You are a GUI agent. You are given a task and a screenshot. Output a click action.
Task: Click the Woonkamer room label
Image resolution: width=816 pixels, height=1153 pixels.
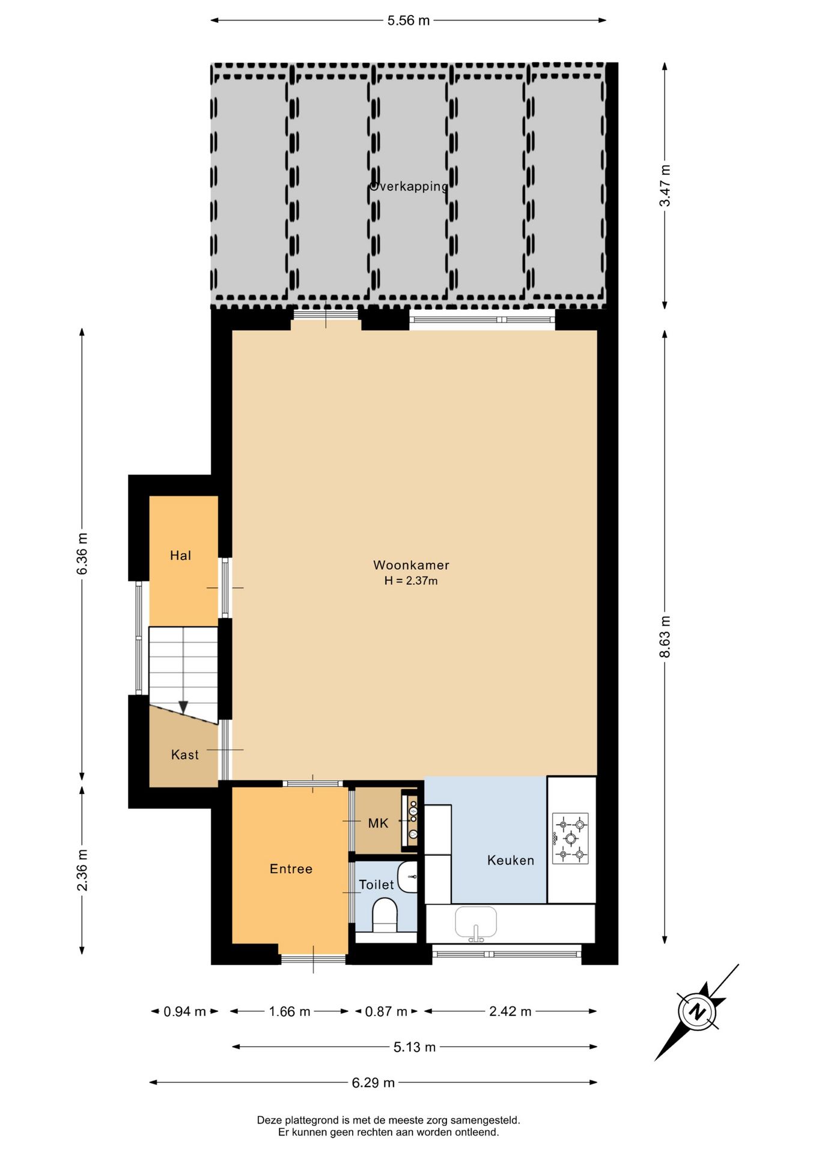pyautogui.click(x=411, y=565)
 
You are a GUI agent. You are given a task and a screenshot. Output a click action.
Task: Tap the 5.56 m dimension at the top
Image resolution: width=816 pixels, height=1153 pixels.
pyautogui.click(x=409, y=20)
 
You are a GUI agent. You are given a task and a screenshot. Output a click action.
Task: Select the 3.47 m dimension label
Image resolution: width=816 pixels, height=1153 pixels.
pyautogui.click(x=665, y=186)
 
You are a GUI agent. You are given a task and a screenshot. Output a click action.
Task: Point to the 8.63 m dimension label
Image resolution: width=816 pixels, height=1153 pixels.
pyautogui.click(x=665, y=637)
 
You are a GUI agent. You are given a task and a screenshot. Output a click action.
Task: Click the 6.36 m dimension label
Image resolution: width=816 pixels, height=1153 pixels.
pyautogui.click(x=82, y=553)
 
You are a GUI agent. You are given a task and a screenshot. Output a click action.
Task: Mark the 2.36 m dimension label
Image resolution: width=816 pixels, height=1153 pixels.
pyautogui.click(x=82, y=870)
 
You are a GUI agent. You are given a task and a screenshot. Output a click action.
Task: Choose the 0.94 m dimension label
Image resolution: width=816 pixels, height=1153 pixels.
pyautogui.click(x=184, y=1012)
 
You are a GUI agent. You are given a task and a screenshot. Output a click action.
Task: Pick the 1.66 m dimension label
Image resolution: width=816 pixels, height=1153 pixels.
pyautogui.click(x=290, y=1012)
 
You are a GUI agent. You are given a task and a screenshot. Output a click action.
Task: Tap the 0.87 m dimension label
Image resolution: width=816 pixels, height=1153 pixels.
pyautogui.click(x=386, y=1012)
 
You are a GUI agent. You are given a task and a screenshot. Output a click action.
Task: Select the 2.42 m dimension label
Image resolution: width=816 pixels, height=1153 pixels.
pyautogui.click(x=510, y=1012)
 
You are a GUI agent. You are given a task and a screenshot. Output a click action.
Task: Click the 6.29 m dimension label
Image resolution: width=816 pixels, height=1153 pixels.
pyautogui.click(x=373, y=1083)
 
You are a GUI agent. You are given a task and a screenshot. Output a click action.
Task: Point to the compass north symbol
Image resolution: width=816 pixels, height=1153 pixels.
pyautogui.click(x=697, y=1012)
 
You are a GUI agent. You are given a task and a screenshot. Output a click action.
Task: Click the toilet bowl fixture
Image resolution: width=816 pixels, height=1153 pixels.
pyautogui.click(x=385, y=915)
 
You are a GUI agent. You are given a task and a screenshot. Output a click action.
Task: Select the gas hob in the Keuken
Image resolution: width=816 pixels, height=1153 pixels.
pyautogui.click(x=570, y=838)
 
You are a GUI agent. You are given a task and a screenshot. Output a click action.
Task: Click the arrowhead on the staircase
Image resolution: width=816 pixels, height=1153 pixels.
pyautogui.click(x=183, y=707)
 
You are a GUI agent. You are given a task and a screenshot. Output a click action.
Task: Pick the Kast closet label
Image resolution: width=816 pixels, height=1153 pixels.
pyautogui.click(x=184, y=755)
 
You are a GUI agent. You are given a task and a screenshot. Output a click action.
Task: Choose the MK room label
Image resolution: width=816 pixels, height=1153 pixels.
pyautogui.click(x=378, y=823)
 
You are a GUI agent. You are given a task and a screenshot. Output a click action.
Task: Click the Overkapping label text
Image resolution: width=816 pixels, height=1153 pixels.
pyautogui.click(x=409, y=186)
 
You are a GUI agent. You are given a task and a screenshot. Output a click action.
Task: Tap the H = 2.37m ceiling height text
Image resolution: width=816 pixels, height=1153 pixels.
pyautogui.click(x=411, y=581)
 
